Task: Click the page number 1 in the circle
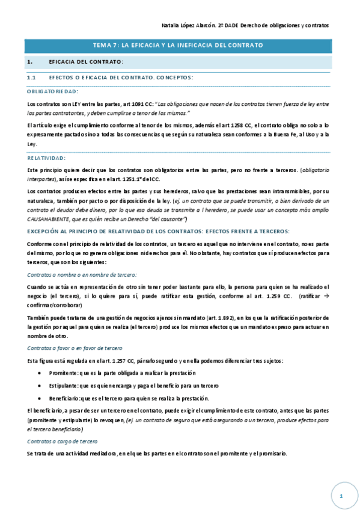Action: pos(340,496)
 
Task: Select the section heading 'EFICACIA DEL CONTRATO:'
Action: pos(86,63)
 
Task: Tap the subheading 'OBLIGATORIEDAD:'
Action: pos(52,92)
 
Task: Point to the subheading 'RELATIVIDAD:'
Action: pos(46,158)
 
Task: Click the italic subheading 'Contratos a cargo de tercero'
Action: pos(63,441)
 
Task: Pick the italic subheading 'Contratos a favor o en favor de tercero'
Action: pos(75,348)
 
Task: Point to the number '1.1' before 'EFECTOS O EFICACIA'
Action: pos(32,78)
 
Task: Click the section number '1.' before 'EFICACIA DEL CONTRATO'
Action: pos(29,63)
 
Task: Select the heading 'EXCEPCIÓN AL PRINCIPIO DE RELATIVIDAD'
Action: pos(159,232)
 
